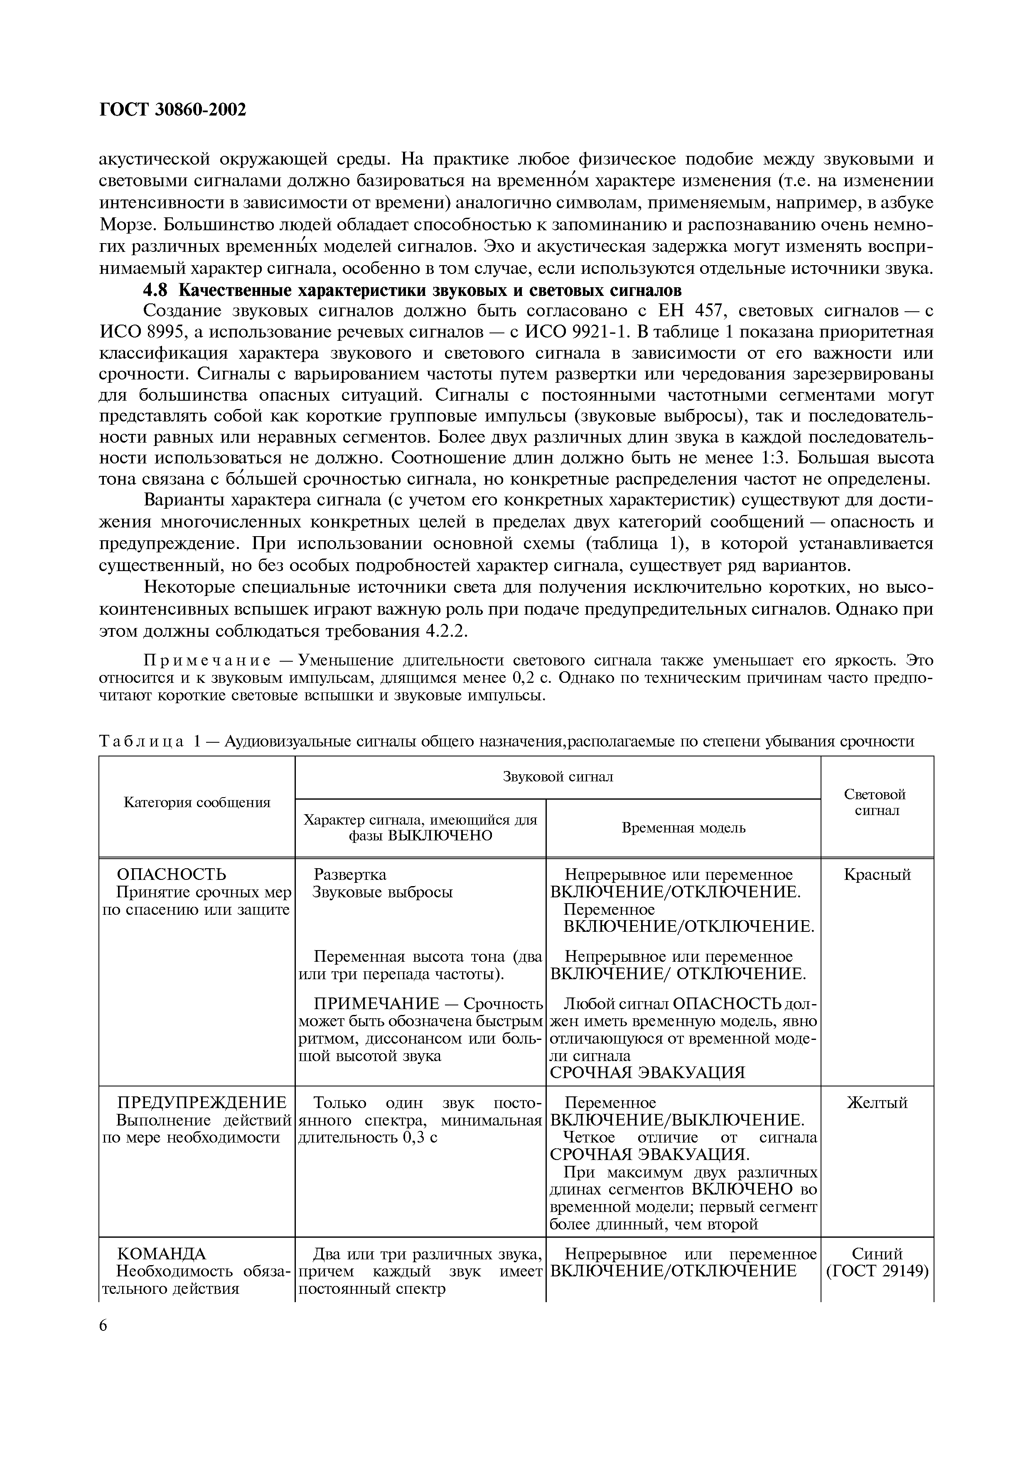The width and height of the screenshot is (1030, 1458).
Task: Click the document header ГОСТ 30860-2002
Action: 172,110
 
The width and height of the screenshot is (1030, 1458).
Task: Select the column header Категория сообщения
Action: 197,803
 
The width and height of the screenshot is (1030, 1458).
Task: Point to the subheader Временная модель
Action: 683,828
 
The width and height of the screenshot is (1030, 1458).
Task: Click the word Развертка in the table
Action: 350,874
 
